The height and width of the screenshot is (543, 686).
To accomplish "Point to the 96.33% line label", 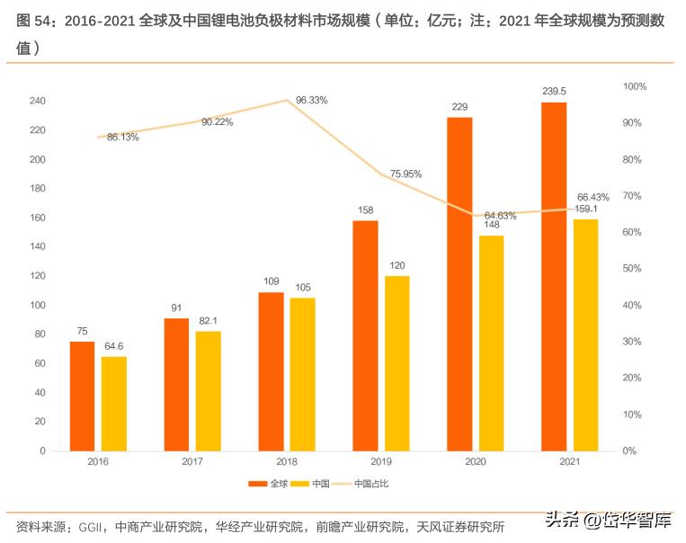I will (311, 101).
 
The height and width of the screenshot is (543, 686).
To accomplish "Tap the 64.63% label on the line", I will (500, 216).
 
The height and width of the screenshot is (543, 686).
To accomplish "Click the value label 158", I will (365, 211).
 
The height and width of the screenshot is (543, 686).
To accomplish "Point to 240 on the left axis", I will (37, 102).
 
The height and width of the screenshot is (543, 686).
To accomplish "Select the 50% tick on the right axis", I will (633, 269).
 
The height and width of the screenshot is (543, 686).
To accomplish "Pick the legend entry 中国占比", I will (371, 484).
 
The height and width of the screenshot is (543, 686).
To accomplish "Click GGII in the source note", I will (92, 526).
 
